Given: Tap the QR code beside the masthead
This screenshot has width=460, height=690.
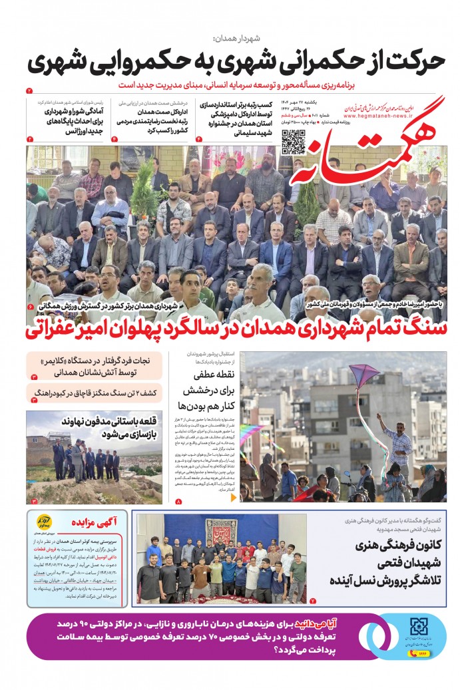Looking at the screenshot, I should [294, 142].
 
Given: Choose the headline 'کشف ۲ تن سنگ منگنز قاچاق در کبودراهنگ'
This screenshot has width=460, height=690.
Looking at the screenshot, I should [98, 393].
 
